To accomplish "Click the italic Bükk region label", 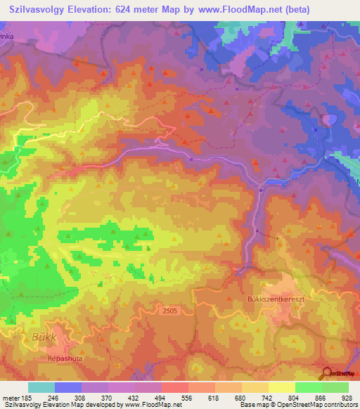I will pos(44,337).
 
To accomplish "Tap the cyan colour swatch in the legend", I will pos(41,387).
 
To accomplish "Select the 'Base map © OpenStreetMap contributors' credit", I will pos(298,405).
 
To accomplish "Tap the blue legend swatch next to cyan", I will pos(67,387).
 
